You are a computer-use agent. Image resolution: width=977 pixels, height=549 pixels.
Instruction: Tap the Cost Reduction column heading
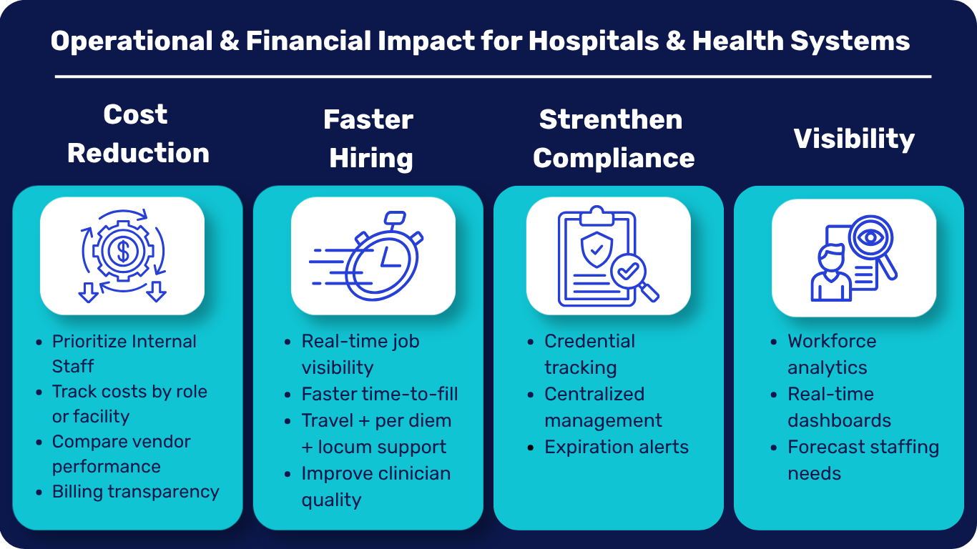[x=138, y=134]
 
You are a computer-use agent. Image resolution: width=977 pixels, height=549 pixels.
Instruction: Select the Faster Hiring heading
[x=369, y=139]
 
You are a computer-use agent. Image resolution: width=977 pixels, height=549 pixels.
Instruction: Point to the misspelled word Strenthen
[x=611, y=119]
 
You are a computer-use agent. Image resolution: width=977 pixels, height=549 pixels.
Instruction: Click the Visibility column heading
[x=854, y=139]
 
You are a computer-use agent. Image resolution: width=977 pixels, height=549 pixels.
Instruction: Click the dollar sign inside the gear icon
[x=123, y=251]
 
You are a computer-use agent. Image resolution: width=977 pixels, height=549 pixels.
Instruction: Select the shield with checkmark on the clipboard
[x=596, y=250]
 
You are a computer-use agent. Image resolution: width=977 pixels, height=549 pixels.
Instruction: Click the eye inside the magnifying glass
[x=871, y=237]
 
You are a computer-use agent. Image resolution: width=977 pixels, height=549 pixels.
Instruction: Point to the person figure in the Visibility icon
[x=831, y=273]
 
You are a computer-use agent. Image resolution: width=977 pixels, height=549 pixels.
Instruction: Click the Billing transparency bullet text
[x=136, y=491]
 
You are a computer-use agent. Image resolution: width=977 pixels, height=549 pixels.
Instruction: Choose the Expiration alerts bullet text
[x=617, y=447]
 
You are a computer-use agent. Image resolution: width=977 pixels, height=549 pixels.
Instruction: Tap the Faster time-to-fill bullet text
[x=380, y=394]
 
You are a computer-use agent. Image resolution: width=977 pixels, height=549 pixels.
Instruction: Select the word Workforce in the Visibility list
[x=832, y=341]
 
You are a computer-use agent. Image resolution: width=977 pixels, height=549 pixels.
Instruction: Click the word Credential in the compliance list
[x=589, y=341]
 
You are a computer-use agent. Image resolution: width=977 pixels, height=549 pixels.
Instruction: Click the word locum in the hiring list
[x=344, y=447]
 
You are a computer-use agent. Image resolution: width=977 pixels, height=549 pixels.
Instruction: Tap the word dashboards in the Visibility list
[x=839, y=420]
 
